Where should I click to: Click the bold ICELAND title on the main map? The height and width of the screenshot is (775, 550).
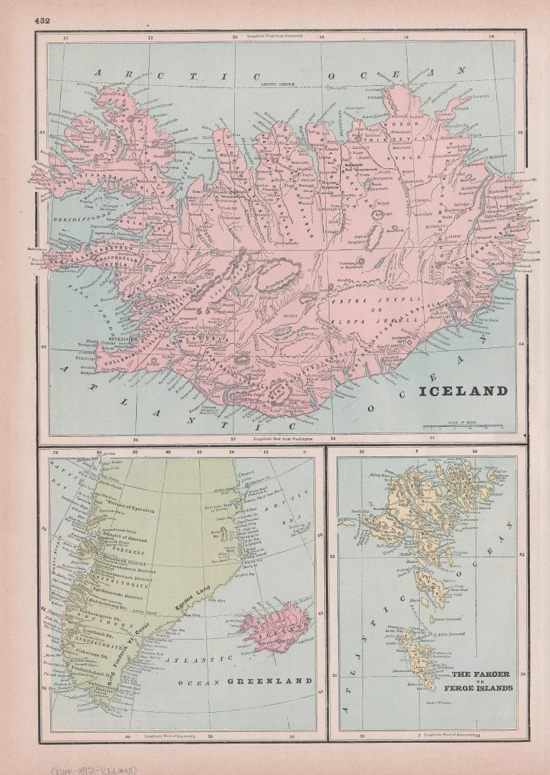click(x=463, y=391)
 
